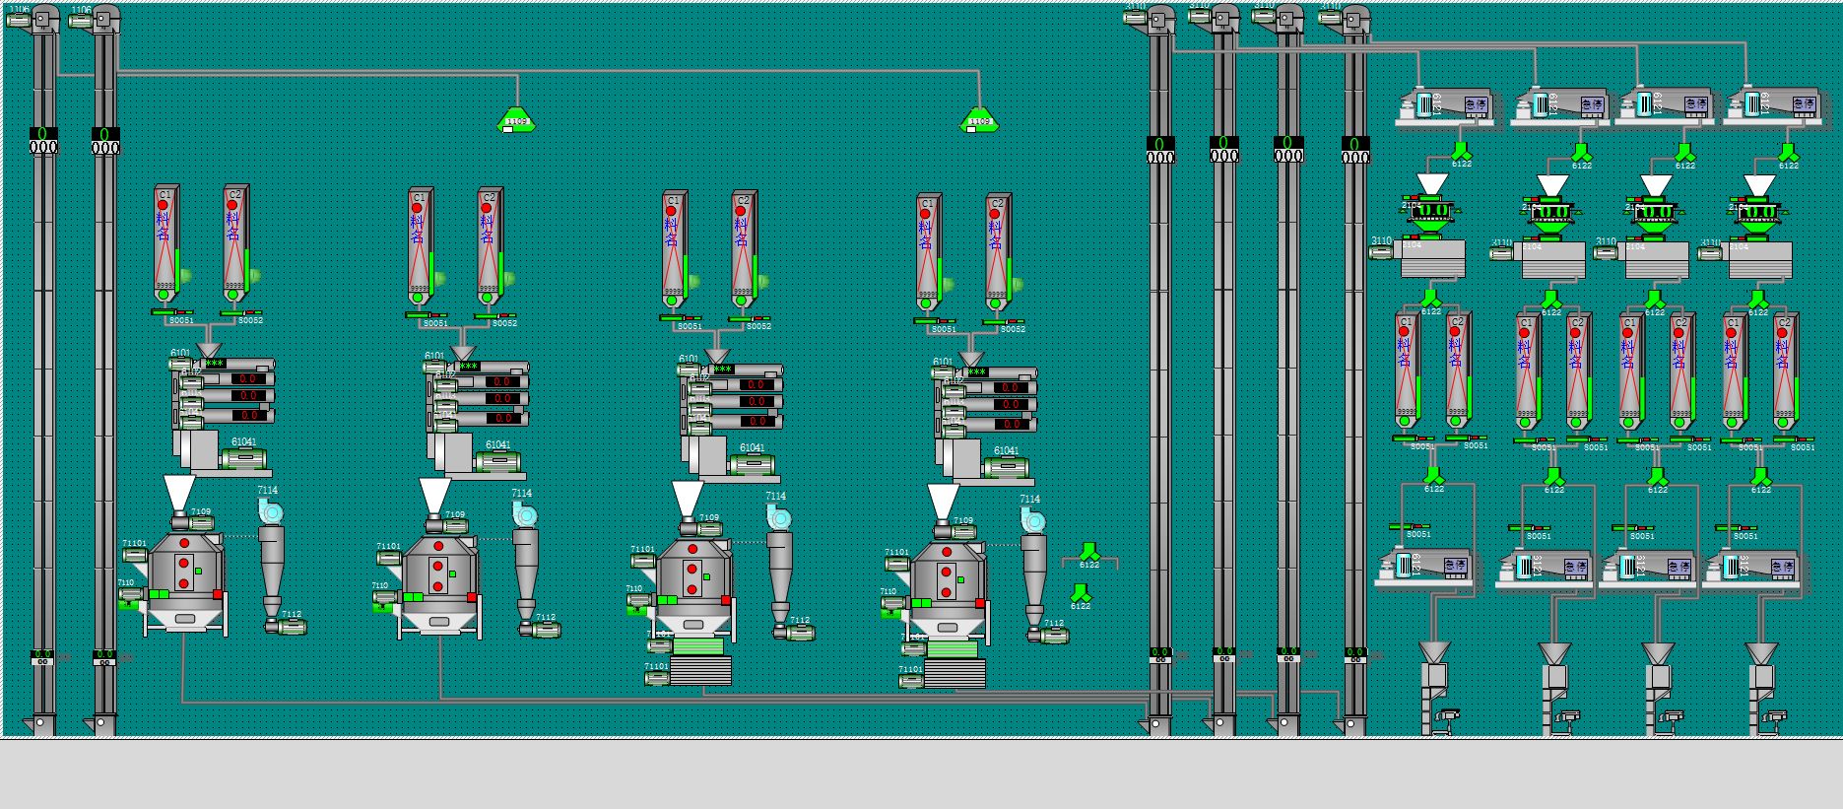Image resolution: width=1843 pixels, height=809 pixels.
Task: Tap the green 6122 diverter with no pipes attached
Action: (x=1081, y=593)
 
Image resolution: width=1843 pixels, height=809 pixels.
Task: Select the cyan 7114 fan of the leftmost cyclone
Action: (x=270, y=510)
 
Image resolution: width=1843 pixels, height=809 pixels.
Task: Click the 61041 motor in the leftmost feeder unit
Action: (x=244, y=458)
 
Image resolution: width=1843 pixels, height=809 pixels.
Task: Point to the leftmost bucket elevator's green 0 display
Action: (x=43, y=133)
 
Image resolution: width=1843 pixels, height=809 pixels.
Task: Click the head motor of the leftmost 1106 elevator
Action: (x=20, y=20)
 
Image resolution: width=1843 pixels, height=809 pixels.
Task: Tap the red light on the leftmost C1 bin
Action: (x=164, y=206)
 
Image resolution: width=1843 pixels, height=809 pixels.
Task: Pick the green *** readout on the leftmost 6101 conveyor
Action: (x=213, y=364)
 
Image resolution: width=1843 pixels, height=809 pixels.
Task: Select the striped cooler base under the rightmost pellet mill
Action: (x=954, y=673)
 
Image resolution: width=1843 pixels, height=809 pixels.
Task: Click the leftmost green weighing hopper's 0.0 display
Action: (x=1430, y=210)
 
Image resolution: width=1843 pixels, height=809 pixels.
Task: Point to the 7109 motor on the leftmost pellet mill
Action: (x=201, y=524)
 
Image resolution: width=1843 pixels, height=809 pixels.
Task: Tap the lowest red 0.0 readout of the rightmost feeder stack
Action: (x=1011, y=425)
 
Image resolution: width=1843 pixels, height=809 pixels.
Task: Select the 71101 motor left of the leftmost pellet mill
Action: (x=135, y=556)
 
